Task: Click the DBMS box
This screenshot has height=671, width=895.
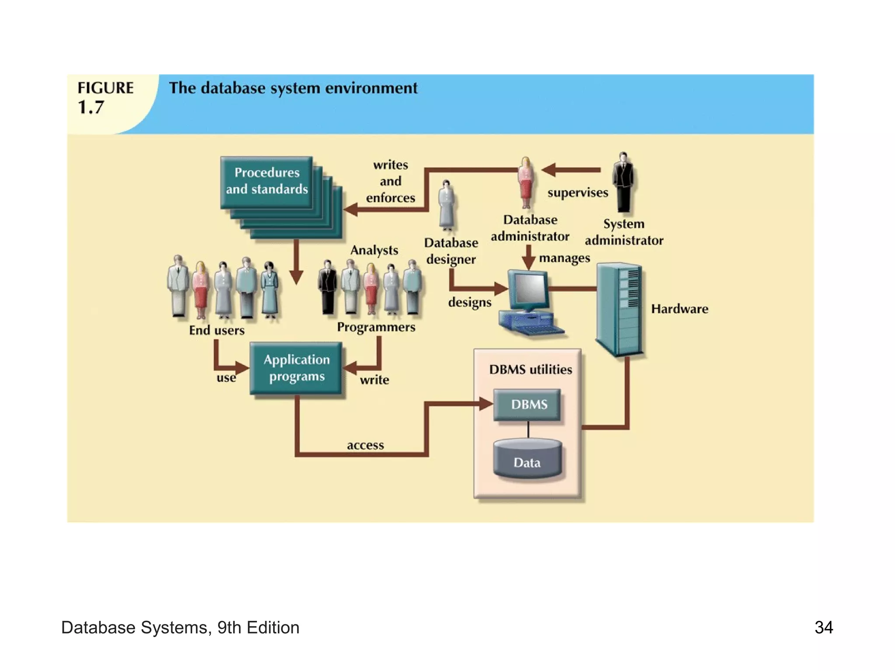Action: [x=527, y=405]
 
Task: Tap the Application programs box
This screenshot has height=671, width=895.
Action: [x=296, y=368]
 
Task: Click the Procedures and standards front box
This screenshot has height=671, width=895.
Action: [x=267, y=181]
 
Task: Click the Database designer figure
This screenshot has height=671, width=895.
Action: [x=446, y=205]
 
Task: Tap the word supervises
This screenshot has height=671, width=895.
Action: [x=577, y=193]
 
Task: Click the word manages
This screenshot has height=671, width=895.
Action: [x=564, y=258]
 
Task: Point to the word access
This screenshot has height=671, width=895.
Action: [x=365, y=445]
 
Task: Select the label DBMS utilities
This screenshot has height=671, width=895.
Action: [x=530, y=370]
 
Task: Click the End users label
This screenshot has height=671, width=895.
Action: [x=217, y=330]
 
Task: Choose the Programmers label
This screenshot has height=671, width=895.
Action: [x=376, y=327]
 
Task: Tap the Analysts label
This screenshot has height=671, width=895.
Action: [x=374, y=250]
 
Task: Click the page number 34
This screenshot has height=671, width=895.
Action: [x=823, y=628]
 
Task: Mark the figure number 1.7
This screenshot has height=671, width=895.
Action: [x=91, y=107]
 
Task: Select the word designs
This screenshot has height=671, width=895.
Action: [x=469, y=302]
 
